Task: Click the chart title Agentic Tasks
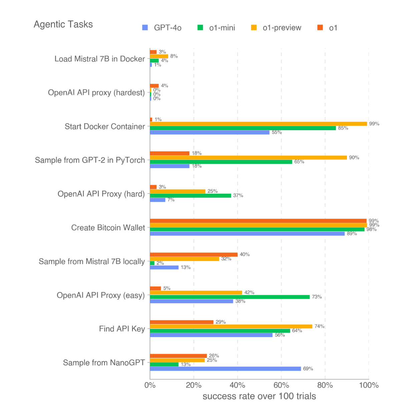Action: (x=63, y=24)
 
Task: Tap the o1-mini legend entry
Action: (x=217, y=28)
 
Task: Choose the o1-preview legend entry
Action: (x=276, y=28)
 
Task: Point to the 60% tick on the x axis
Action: (x=281, y=385)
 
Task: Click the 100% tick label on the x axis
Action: (x=369, y=385)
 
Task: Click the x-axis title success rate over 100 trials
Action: (x=259, y=396)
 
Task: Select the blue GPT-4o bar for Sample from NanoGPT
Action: (x=225, y=369)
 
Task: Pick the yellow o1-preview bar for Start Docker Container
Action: (x=258, y=124)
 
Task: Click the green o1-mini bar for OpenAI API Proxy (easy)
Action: (x=230, y=297)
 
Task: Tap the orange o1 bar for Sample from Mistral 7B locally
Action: (x=193, y=254)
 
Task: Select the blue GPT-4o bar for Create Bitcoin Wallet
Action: (x=247, y=234)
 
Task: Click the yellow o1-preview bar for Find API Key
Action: (x=231, y=326)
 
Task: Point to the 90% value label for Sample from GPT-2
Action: (x=354, y=158)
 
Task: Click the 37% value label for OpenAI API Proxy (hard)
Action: (x=238, y=195)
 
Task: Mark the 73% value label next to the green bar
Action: (x=317, y=297)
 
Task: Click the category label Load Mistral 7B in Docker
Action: (x=100, y=59)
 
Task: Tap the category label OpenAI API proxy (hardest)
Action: (x=96, y=92)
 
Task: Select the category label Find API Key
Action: (x=122, y=329)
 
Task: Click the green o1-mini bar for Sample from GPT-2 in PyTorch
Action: (x=221, y=162)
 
